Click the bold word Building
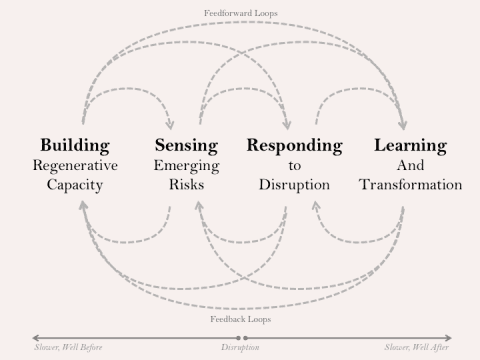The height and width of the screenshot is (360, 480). (75, 145)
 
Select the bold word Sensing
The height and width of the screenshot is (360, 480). (186, 145)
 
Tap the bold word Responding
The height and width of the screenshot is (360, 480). (294, 145)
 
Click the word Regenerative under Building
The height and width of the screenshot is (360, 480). (75, 165)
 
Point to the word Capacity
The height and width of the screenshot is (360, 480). (75, 185)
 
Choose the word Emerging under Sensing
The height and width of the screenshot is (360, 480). (186, 165)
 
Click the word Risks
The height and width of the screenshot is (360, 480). (186, 185)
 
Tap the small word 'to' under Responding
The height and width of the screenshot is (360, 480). (294, 165)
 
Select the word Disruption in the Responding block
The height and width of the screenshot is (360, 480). (294, 185)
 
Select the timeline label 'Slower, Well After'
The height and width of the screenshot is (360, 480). (417, 348)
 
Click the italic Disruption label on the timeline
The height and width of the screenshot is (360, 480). (241, 348)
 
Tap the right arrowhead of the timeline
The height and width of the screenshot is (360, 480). (449, 337)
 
